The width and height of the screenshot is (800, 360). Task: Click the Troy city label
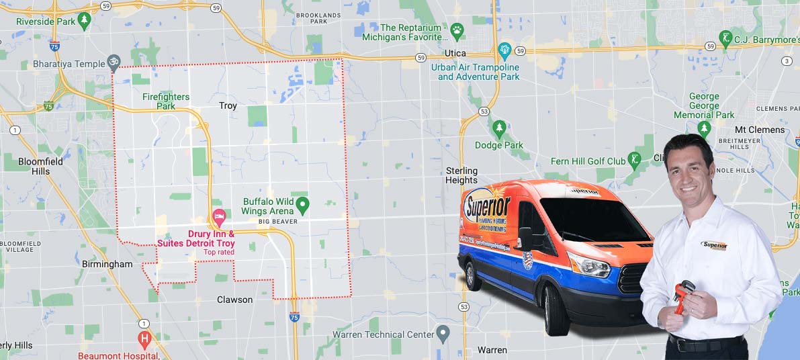[228, 105]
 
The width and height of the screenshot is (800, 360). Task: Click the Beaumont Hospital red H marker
[144, 338]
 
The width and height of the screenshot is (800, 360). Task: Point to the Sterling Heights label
[461, 175]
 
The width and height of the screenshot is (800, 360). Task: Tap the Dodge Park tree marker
[499, 128]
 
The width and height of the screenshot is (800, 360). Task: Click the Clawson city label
[234, 300]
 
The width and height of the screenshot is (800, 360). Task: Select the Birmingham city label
[107, 264]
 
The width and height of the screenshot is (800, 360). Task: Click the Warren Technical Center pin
[442, 332]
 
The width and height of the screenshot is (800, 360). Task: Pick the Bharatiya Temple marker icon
[114, 63]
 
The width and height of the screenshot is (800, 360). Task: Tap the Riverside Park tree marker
[83, 21]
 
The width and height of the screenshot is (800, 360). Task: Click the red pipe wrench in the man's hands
[682, 296]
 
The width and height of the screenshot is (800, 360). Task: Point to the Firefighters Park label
[166, 101]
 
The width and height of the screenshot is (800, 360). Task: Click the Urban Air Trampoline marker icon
[504, 50]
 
